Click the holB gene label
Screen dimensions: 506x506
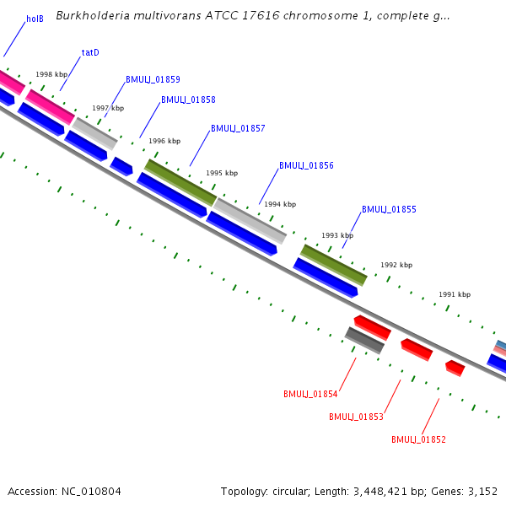[35, 19]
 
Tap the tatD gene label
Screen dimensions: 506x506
[90, 52]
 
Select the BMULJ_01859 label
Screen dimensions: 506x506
[153, 80]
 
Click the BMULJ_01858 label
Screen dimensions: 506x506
[188, 100]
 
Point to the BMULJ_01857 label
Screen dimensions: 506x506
[238, 129]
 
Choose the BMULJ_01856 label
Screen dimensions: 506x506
[306, 166]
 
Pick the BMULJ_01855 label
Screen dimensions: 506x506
[389, 210]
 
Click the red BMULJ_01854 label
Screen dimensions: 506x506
[310, 394]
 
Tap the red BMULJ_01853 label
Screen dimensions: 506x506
[356, 417]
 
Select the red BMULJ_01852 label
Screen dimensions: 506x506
[418, 439]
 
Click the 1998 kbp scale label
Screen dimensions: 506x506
[51, 74]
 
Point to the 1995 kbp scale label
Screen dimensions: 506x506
[222, 173]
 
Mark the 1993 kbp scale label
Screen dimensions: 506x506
[337, 236]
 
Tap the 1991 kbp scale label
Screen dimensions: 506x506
[455, 295]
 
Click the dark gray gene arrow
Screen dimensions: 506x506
[364, 340]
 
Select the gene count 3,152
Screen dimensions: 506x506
[482, 491]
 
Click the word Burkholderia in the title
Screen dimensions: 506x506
[94, 16]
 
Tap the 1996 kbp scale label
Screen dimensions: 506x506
[164, 142]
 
